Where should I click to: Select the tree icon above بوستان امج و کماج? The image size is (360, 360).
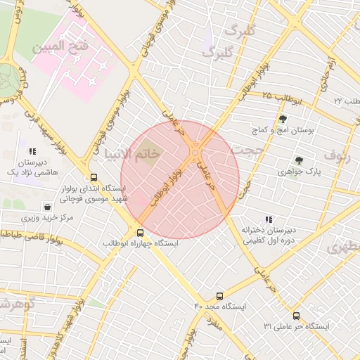283,119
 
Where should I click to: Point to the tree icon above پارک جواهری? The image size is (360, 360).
299,160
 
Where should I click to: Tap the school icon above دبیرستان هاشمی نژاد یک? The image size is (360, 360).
32,150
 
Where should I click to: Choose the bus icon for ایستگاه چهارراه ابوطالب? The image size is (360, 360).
140,233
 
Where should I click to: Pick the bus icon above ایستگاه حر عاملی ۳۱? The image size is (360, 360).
296,316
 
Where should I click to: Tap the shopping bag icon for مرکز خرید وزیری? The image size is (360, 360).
46,207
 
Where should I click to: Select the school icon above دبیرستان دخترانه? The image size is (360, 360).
269,220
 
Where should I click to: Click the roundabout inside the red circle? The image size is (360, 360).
195,152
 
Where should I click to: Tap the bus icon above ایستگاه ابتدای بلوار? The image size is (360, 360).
94,178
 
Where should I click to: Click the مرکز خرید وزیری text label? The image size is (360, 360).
46,218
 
